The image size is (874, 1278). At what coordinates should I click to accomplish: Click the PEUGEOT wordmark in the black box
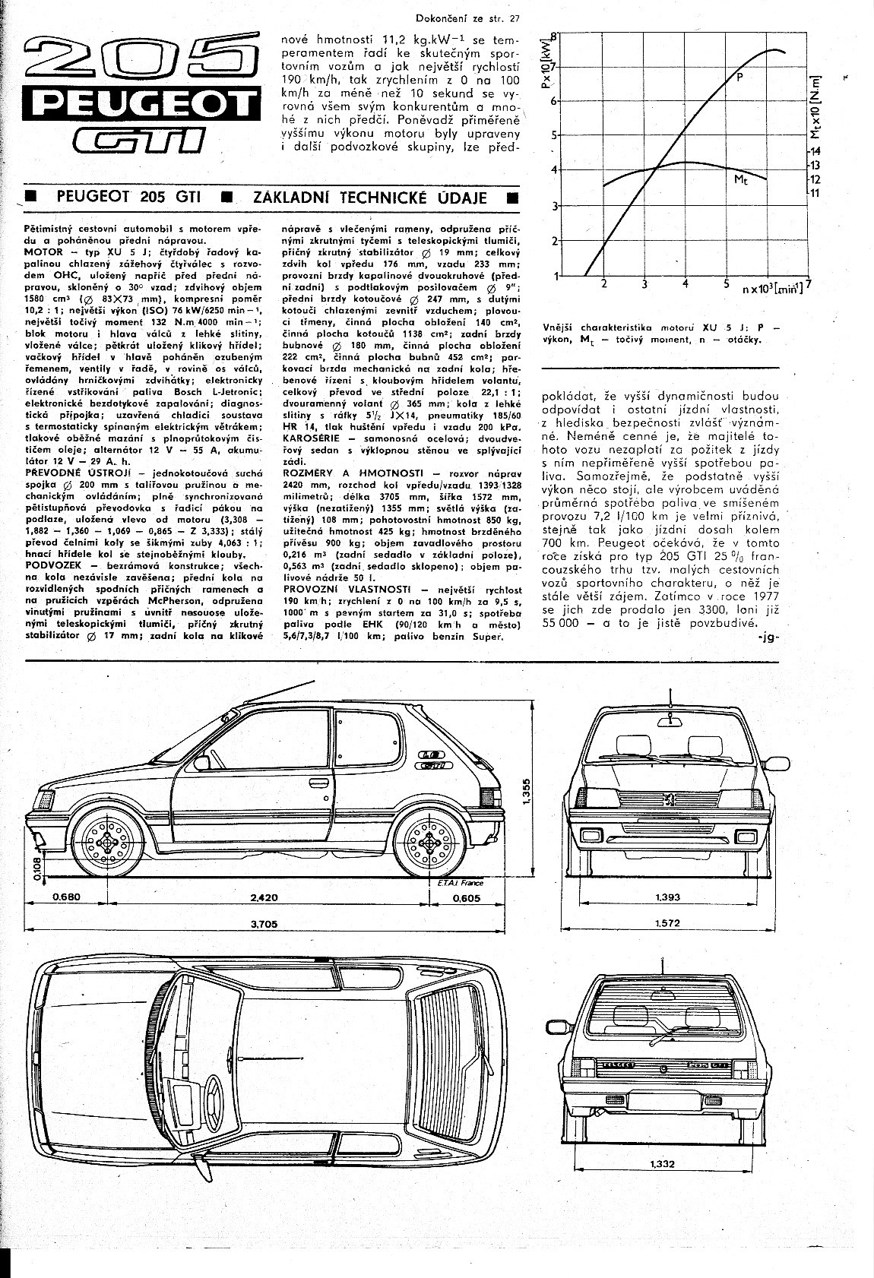138,104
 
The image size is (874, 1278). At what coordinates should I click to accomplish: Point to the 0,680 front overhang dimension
66,897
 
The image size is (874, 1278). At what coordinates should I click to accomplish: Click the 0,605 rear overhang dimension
466,897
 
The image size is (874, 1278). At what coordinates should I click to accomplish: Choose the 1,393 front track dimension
667,897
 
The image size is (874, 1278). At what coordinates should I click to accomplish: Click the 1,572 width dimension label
667,923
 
